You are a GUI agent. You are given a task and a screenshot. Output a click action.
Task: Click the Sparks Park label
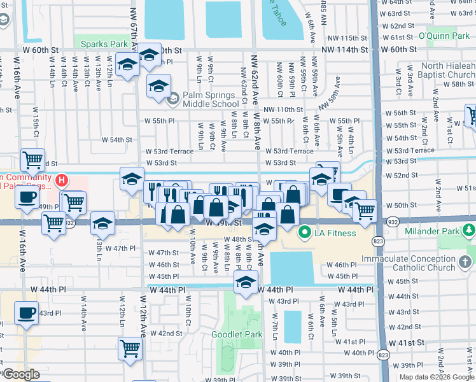tap(101, 43)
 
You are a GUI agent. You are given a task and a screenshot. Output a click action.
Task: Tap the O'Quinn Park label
tap(444, 36)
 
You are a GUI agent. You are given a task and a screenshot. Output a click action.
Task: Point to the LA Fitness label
tap(335, 233)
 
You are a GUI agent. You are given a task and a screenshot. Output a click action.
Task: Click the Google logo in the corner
tap(20, 374)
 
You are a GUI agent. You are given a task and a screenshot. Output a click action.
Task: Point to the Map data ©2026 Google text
tap(436, 377)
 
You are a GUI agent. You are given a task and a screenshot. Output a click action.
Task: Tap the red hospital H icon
tap(62, 181)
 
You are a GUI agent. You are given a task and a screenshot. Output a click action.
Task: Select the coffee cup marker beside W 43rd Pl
tap(27, 314)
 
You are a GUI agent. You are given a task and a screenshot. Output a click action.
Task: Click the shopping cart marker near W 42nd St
tap(130, 348)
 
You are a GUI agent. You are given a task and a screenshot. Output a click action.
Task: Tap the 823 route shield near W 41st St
tap(383, 355)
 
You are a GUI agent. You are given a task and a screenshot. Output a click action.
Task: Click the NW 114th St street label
tap(344, 50)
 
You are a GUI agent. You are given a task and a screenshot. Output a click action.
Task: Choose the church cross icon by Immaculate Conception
tap(465, 262)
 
